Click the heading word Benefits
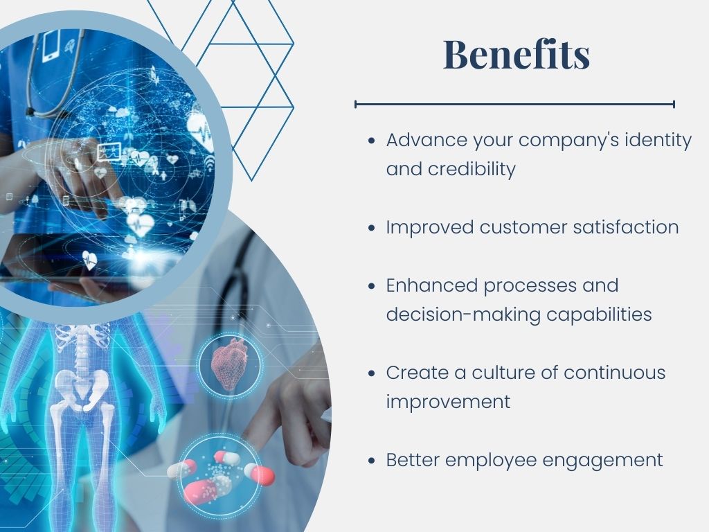(517, 54)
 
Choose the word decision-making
(463, 314)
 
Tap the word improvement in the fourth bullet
(448, 402)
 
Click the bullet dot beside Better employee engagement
(372, 461)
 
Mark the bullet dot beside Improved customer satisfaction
(372, 227)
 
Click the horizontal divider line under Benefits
(515, 105)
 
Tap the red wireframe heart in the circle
(230, 364)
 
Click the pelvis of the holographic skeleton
(82, 390)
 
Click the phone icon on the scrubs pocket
(51, 46)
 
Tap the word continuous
(615, 372)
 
